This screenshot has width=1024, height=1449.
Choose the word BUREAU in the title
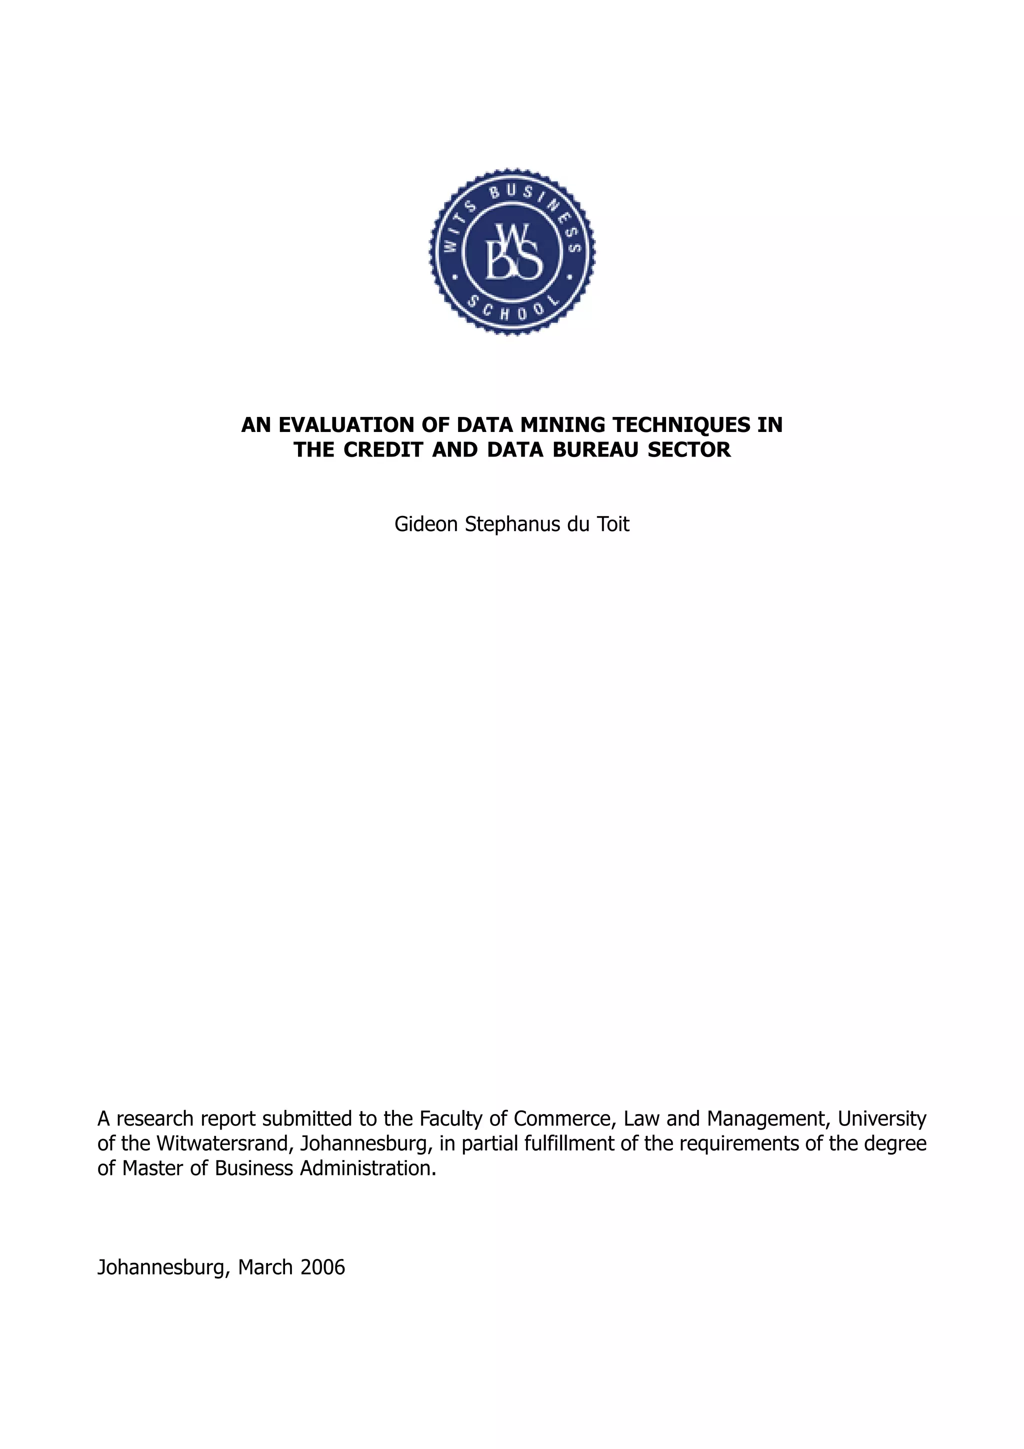(x=600, y=449)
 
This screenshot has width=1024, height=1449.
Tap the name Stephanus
(x=512, y=524)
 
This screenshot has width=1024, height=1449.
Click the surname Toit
(x=613, y=524)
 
